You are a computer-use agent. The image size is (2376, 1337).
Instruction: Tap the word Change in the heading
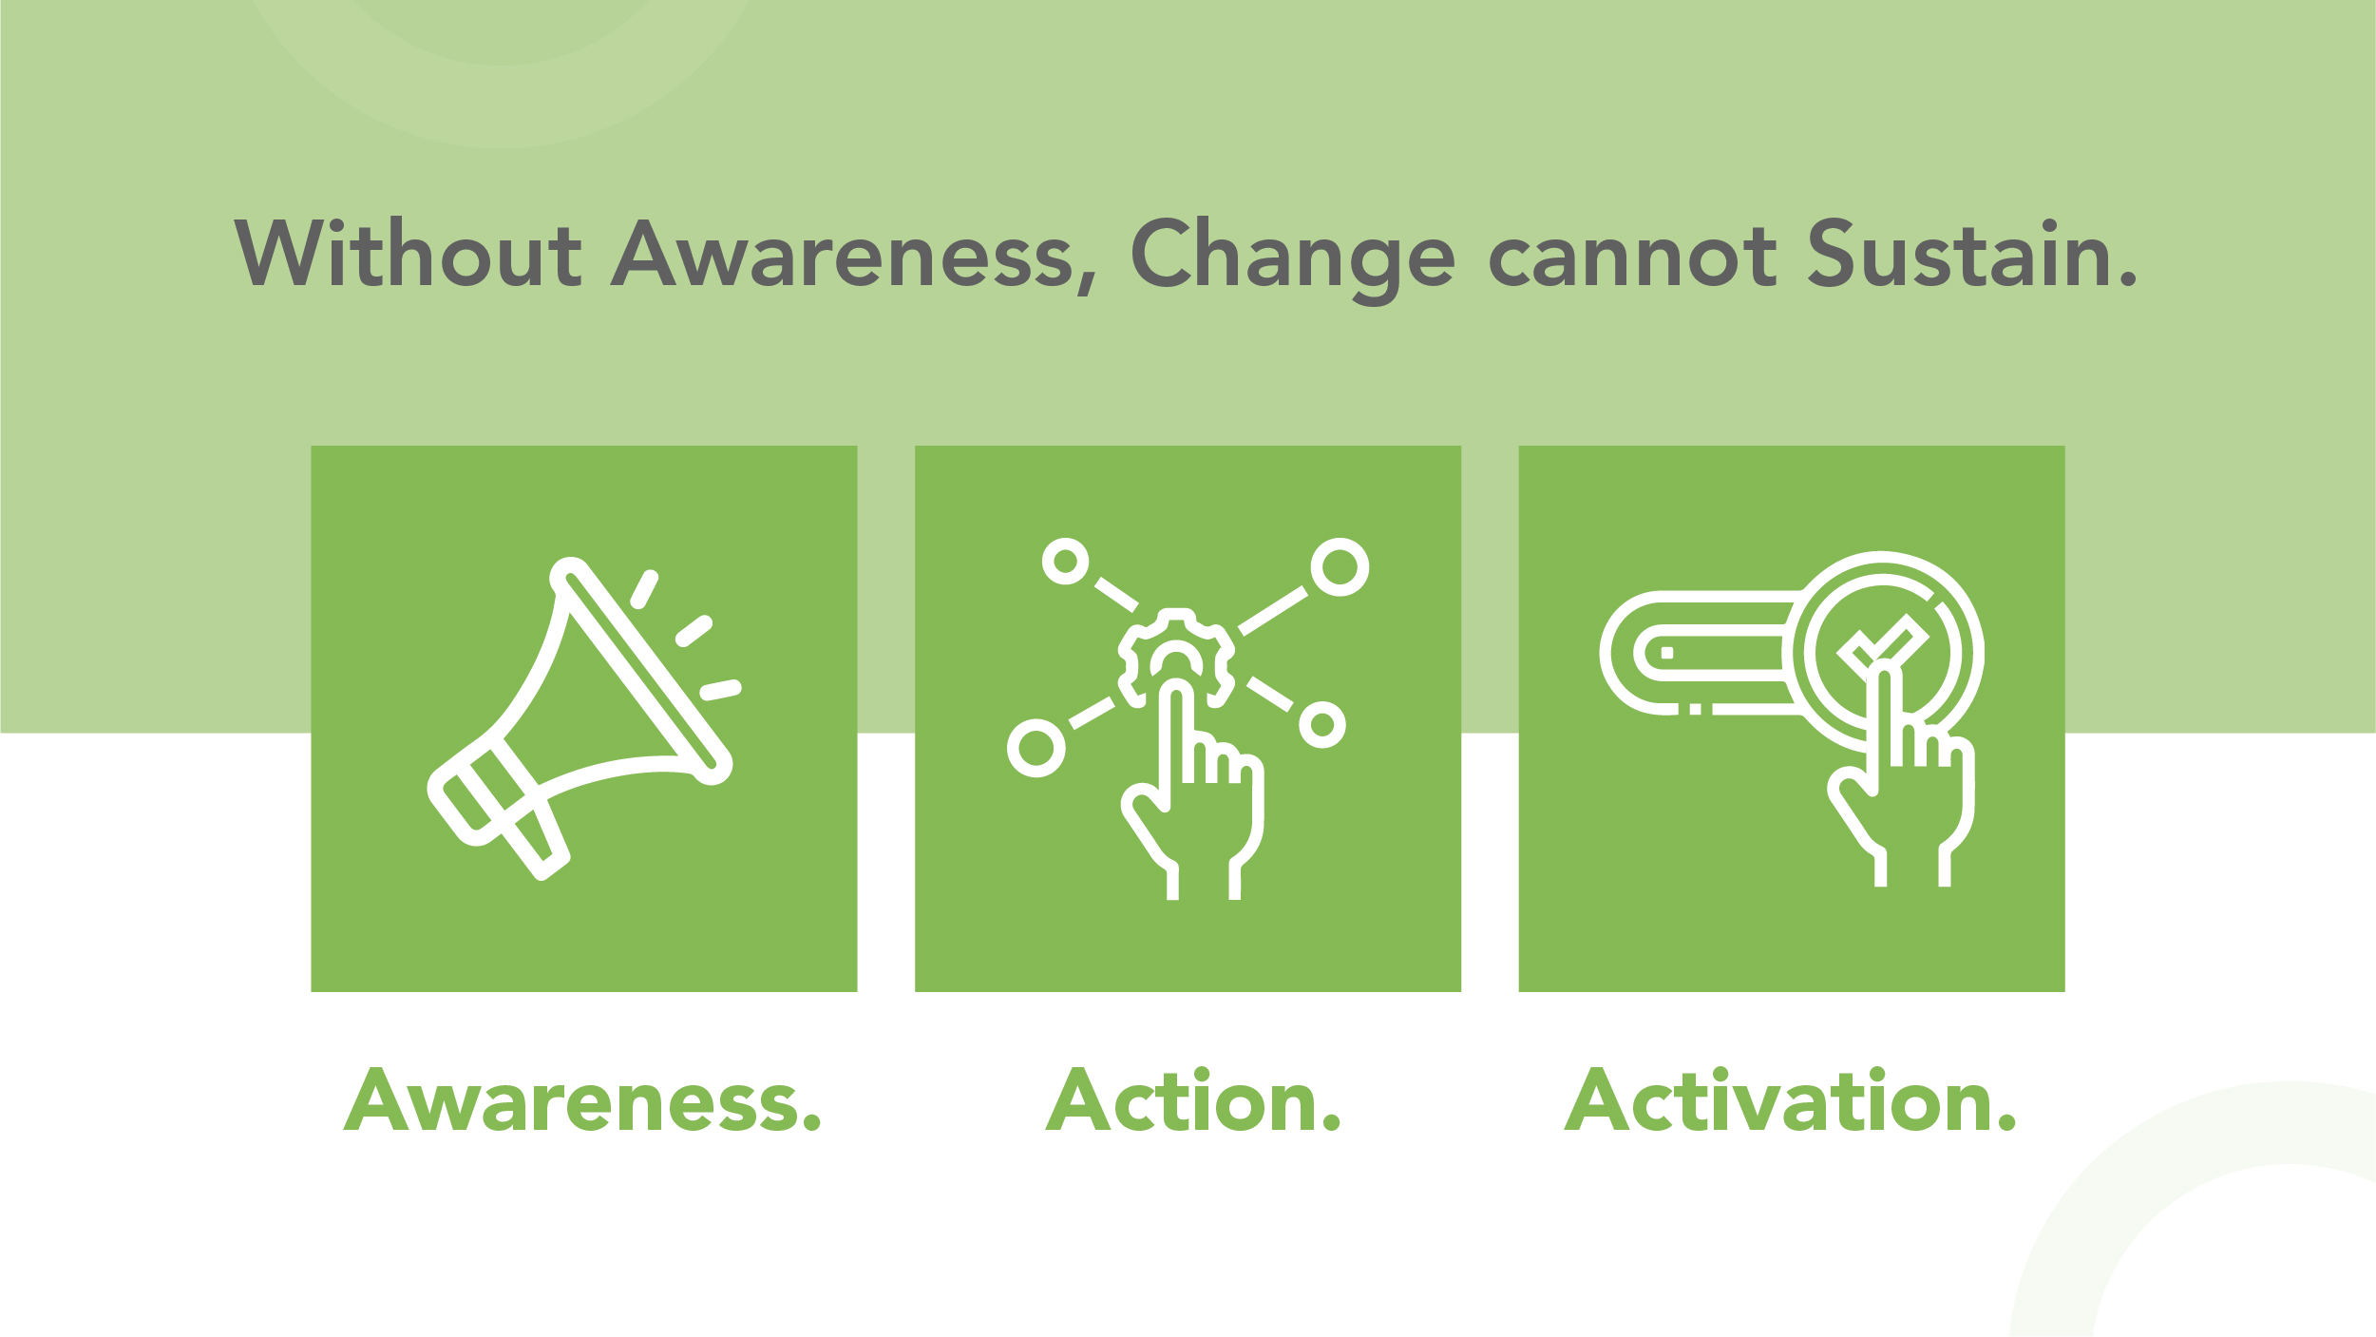tap(1292, 255)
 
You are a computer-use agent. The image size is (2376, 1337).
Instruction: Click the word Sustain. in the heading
tap(1972, 253)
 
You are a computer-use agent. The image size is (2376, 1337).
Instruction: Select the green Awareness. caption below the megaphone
tap(581, 1101)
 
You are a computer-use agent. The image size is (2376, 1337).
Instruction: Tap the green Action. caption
tap(1192, 1101)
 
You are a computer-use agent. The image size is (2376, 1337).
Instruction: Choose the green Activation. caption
tap(1790, 1101)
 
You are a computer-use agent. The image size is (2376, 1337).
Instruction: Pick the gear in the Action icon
tap(1176, 656)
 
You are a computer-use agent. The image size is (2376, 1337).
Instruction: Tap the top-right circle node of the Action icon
tap(1340, 567)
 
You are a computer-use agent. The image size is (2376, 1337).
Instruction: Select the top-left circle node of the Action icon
tap(1065, 562)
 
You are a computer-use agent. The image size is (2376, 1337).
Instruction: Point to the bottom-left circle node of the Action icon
tap(1036, 748)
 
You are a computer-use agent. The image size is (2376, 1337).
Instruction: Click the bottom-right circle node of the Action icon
tap(1321, 725)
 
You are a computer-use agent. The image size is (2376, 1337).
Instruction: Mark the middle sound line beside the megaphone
tap(694, 631)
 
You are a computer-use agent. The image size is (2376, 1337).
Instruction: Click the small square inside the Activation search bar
tap(1666, 653)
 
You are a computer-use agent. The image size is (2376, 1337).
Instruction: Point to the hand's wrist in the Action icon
tap(1203, 879)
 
